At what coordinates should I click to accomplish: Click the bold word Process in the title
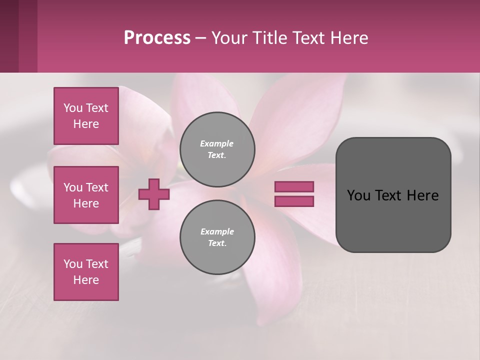tap(157, 38)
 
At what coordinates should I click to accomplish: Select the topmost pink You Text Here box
tap(86, 116)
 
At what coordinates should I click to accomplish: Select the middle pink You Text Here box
tap(86, 195)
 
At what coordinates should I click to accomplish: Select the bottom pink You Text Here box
tap(86, 271)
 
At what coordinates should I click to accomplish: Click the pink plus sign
tap(154, 194)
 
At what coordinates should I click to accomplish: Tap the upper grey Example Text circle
tap(217, 149)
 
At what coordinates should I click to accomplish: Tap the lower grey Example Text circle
tap(217, 237)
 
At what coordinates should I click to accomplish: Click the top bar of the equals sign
tap(294, 186)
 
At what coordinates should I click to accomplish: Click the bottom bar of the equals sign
tap(294, 201)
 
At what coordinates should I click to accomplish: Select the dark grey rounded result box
tap(393, 220)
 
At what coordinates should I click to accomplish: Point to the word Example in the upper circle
tap(216, 143)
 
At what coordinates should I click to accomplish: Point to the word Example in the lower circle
tap(216, 231)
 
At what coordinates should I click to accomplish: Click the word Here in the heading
tap(348, 38)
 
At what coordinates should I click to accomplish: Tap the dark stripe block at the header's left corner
tap(18, 36)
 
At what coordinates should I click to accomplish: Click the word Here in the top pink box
tap(86, 124)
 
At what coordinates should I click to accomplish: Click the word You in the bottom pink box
tap(73, 263)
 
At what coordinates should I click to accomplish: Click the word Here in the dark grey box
tap(422, 195)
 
